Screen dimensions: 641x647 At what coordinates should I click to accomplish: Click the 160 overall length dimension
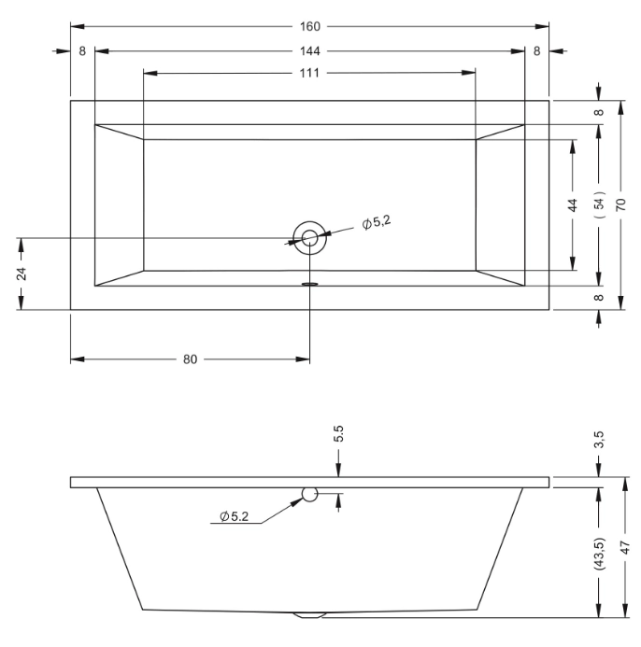click(310, 26)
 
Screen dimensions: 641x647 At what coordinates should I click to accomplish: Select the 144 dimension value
click(310, 51)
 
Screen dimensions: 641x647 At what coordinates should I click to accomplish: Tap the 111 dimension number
click(309, 73)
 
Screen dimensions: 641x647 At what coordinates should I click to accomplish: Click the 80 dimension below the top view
click(190, 359)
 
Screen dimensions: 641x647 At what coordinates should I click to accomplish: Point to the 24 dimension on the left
click(21, 274)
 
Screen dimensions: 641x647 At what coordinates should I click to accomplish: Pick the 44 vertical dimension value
click(573, 205)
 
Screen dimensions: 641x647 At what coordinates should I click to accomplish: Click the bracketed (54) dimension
click(599, 204)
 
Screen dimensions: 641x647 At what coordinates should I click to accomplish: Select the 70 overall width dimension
click(621, 204)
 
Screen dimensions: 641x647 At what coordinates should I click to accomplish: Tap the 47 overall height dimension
click(626, 547)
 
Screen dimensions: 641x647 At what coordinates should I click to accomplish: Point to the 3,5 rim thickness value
click(600, 440)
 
